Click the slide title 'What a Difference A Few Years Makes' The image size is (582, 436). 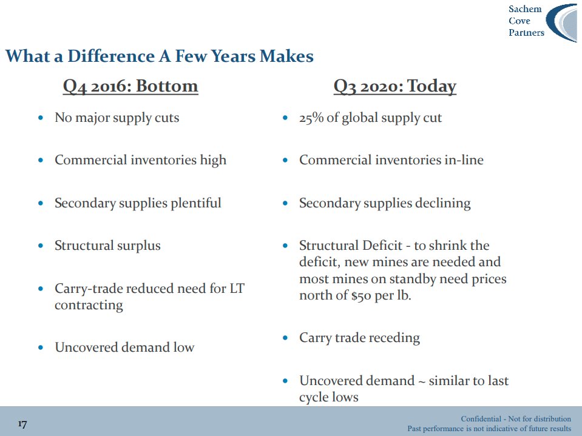pyautogui.click(x=159, y=56)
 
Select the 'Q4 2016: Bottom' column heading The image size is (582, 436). pyautogui.click(x=130, y=86)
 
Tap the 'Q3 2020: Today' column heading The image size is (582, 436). pyautogui.click(x=394, y=86)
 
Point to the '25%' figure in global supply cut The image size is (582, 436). pyautogui.click(x=311, y=118)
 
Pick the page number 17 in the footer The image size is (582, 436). pyautogui.click(x=22, y=424)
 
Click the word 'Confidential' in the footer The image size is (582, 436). pyautogui.click(x=481, y=418)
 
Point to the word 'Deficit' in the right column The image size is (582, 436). pyautogui.click(x=382, y=246)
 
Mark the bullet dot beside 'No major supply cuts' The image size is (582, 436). pyautogui.click(x=41, y=118)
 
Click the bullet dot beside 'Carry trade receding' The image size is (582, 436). pyautogui.click(x=285, y=338)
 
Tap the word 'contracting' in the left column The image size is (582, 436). pyautogui.click(x=89, y=305)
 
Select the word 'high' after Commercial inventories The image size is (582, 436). pyautogui.click(x=213, y=160)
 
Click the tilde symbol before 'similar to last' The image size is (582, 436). pyautogui.click(x=422, y=381)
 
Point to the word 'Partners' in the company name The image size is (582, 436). pyautogui.click(x=526, y=33)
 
